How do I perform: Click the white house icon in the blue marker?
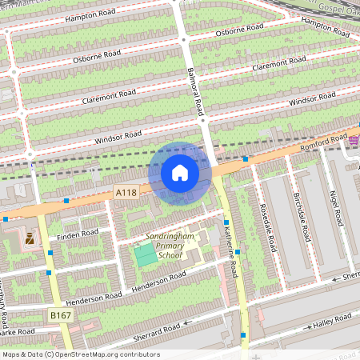[180, 173]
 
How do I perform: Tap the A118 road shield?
[125, 193]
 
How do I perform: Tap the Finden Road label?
[78, 234]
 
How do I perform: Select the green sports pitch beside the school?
[146, 256]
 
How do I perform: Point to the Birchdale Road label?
[302, 218]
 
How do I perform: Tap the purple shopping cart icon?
[354, 141]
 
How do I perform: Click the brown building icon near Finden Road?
[30, 238]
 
